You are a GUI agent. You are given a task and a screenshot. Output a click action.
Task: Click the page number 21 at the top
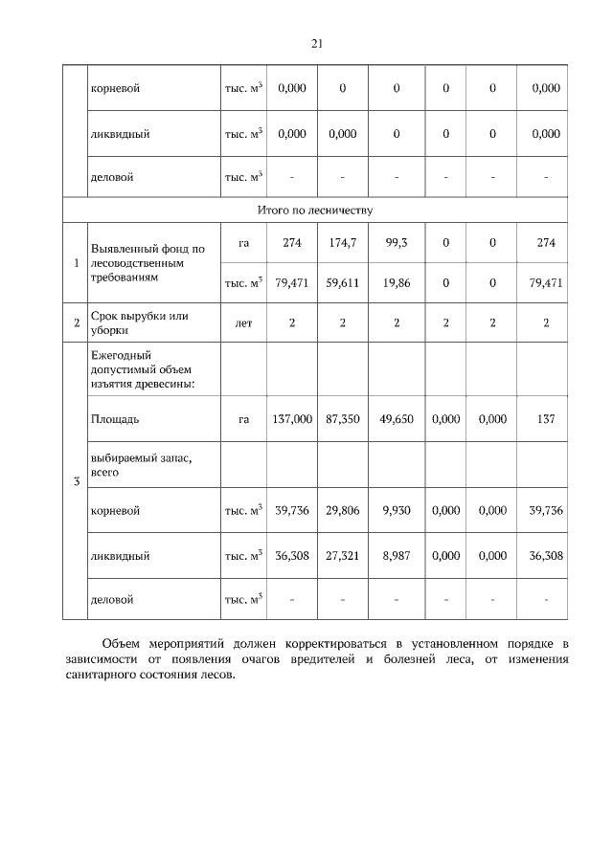317,43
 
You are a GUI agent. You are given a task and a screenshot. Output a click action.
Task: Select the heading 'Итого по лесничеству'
315,208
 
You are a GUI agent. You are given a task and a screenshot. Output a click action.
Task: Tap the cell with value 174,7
342,243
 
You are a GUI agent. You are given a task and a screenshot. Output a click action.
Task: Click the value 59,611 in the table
342,282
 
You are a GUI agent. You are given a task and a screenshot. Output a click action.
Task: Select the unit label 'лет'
243,323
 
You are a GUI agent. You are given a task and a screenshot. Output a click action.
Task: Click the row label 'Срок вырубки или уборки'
139,323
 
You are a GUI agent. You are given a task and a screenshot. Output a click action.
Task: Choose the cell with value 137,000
292,419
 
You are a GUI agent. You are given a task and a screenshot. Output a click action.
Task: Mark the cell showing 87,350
342,419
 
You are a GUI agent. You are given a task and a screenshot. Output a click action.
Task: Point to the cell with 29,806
342,511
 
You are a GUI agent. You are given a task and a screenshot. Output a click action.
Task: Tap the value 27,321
342,555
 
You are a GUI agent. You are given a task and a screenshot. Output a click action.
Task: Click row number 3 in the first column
76,480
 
